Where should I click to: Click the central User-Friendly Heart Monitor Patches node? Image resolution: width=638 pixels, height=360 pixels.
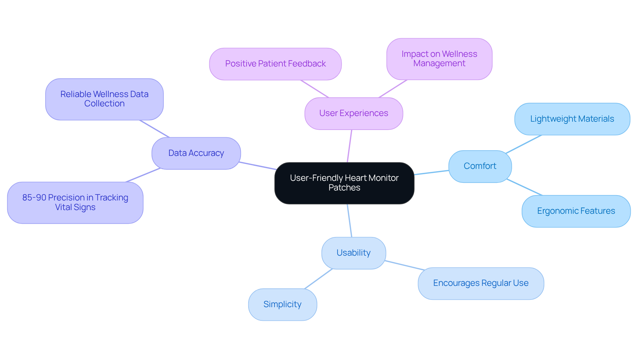[344, 183]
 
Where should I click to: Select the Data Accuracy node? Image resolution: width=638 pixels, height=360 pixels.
[196, 153]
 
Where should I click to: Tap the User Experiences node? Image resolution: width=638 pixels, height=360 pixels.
[354, 113]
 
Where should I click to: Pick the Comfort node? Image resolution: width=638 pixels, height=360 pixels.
[480, 166]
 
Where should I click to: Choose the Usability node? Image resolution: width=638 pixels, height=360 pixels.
[354, 253]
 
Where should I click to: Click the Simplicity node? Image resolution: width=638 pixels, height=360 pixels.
[282, 304]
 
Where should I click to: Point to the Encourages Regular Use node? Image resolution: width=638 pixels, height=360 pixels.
[480, 283]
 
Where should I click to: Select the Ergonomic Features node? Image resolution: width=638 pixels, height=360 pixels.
[576, 211]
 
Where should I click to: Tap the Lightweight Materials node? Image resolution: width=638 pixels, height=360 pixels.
[572, 119]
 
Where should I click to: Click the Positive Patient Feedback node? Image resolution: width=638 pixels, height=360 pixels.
[275, 64]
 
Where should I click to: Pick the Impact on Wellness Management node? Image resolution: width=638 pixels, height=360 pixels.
[439, 59]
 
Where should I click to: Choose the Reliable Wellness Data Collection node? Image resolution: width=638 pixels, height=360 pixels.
[104, 99]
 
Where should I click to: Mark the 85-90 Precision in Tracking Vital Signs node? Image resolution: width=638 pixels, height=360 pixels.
[75, 202]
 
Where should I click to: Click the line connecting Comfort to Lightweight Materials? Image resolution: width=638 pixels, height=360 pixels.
[524, 144]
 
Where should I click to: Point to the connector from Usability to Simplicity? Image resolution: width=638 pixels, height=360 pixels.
[318, 279]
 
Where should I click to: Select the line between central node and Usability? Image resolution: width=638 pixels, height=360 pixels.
[350, 221]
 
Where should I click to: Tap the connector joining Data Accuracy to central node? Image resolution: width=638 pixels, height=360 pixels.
[258, 166]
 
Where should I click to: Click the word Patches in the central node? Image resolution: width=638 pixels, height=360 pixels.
[344, 188]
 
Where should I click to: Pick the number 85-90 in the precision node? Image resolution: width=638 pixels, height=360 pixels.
[34, 198]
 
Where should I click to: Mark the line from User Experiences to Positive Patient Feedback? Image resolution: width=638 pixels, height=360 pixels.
[314, 89]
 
